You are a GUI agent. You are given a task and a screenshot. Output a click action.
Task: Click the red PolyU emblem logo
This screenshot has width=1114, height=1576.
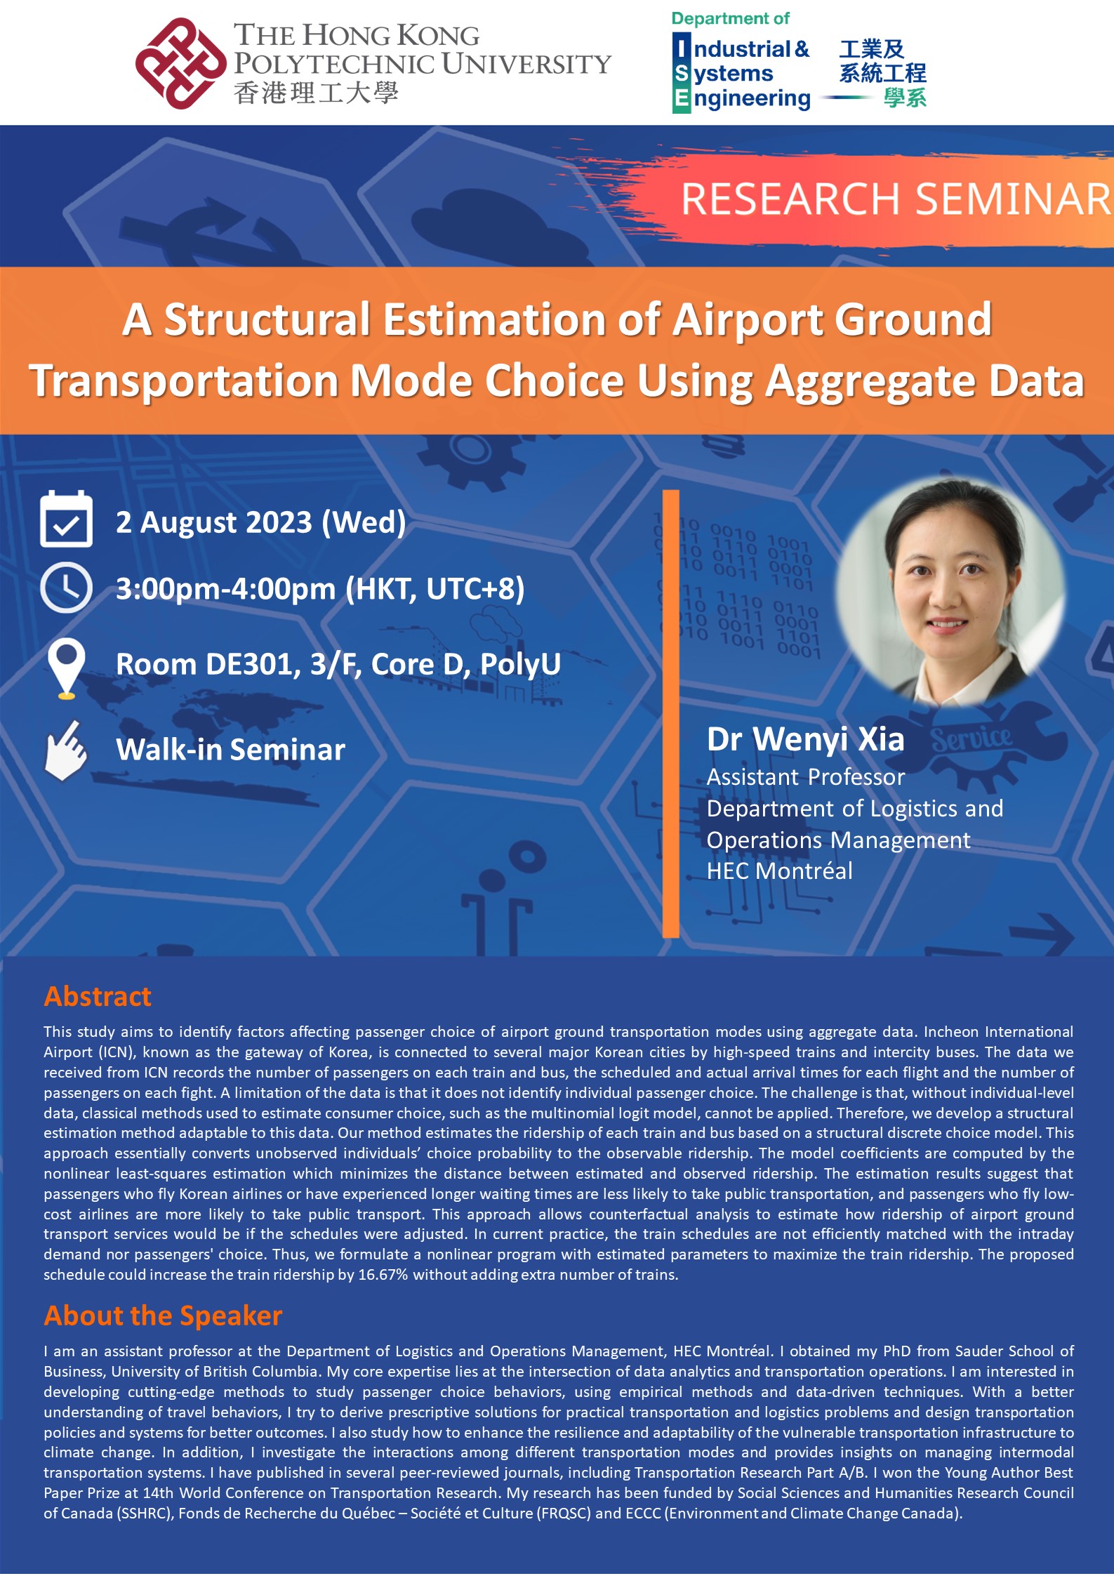pyautogui.click(x=180, y=63)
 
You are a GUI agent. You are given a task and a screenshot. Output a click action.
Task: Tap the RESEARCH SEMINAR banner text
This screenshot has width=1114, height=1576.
pyautogui.click(x=895, y=199)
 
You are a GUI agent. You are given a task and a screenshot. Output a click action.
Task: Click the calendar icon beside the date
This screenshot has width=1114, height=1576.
pyautogui.click(x=66, y=519)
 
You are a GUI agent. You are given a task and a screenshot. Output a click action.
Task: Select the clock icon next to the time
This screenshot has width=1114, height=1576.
pyautogui.click(x=66, y=588)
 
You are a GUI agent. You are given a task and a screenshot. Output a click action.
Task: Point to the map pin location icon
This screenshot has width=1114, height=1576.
pyautogui.click(x=66, y=668)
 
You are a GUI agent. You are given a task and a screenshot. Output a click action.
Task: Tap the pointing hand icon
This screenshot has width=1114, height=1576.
pyautogui.click(x=65, y=750)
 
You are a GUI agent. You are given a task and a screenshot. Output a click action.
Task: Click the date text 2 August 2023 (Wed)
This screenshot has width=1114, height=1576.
pyautogui.click(x=260, y=523)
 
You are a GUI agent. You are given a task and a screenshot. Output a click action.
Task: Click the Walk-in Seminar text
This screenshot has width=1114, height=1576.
pyautogui.click(x=230, y=750)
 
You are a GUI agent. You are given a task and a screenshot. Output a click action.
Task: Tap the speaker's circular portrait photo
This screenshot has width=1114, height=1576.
pyautogui.click(x=948, y=591)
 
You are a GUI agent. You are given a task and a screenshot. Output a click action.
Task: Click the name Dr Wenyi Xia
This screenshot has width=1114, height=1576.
pyautogui.click(x=805, y=740)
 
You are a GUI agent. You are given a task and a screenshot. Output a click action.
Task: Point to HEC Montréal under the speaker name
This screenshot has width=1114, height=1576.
pyautogui.click(x=779, y=871)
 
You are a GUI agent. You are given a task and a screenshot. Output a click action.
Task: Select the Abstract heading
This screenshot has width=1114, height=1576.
pyautogui.click(x=98, y=997)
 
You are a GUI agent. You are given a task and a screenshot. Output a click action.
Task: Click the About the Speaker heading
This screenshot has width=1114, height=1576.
pyautogui.click(x=163, y=1316)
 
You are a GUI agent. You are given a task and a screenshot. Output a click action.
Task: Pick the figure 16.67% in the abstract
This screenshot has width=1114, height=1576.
pyautogui.click(x=383, y=1274)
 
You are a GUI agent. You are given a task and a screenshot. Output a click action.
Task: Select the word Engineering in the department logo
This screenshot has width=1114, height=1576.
pyautogui.click(x=751, y=99)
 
